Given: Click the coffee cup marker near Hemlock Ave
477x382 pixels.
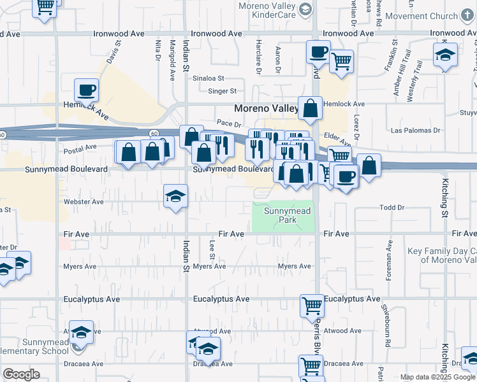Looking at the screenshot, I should click(x=87, y=90).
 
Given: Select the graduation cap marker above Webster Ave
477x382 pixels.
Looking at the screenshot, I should click(x=175, y=196).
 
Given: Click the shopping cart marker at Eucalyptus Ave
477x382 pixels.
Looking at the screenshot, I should click(x=312, y=306).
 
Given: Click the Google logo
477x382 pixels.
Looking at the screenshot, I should click(x=21, y=374).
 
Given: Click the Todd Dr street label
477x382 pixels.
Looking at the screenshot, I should click(x=392, y=208).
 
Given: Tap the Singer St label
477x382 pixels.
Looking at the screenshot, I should click(x=223, y=91).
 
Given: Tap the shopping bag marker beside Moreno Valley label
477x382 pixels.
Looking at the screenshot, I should click(x=310, y=109).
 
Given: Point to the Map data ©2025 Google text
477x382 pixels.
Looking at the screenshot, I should click(x=437, y=377).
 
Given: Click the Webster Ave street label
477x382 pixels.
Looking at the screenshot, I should click(x=84, y=202).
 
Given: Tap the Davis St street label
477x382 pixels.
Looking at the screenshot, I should click(x=114, y=53).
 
